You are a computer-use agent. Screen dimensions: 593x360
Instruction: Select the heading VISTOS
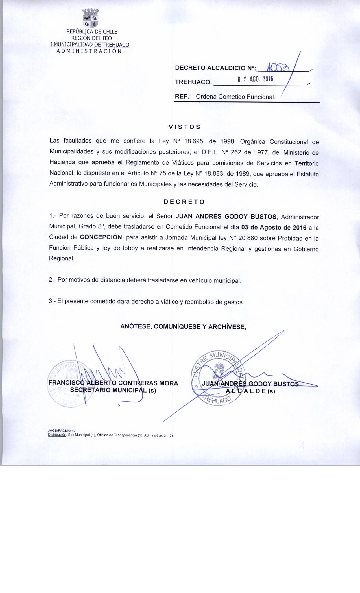(184, 127)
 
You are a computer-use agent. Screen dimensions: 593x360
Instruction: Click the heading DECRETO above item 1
(184, 202)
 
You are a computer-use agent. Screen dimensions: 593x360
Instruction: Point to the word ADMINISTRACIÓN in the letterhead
(89, 51)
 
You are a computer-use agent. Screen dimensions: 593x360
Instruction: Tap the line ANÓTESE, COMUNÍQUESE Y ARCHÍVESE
(183, 327)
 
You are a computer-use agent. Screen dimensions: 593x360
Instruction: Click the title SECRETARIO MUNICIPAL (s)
(113, 390)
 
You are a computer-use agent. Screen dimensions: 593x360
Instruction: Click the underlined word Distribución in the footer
(57, 435)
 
